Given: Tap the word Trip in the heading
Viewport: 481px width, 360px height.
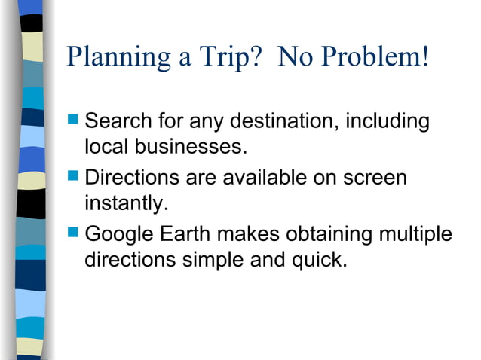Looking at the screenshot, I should point(220,58).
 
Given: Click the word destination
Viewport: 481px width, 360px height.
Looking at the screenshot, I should point(282,121).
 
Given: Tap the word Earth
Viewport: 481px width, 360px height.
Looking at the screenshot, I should point(187,236).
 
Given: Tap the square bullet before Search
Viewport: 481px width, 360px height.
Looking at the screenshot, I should point(73,121).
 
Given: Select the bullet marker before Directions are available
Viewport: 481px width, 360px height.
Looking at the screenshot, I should point(73,178).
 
